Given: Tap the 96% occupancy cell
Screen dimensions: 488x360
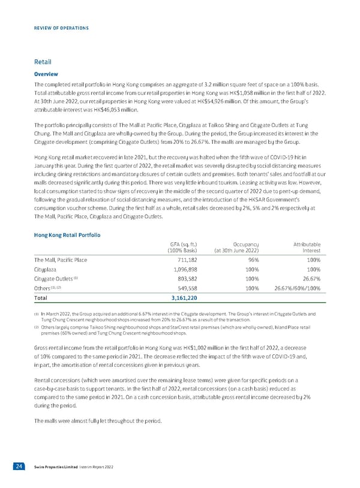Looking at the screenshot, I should tap(253, 260).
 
